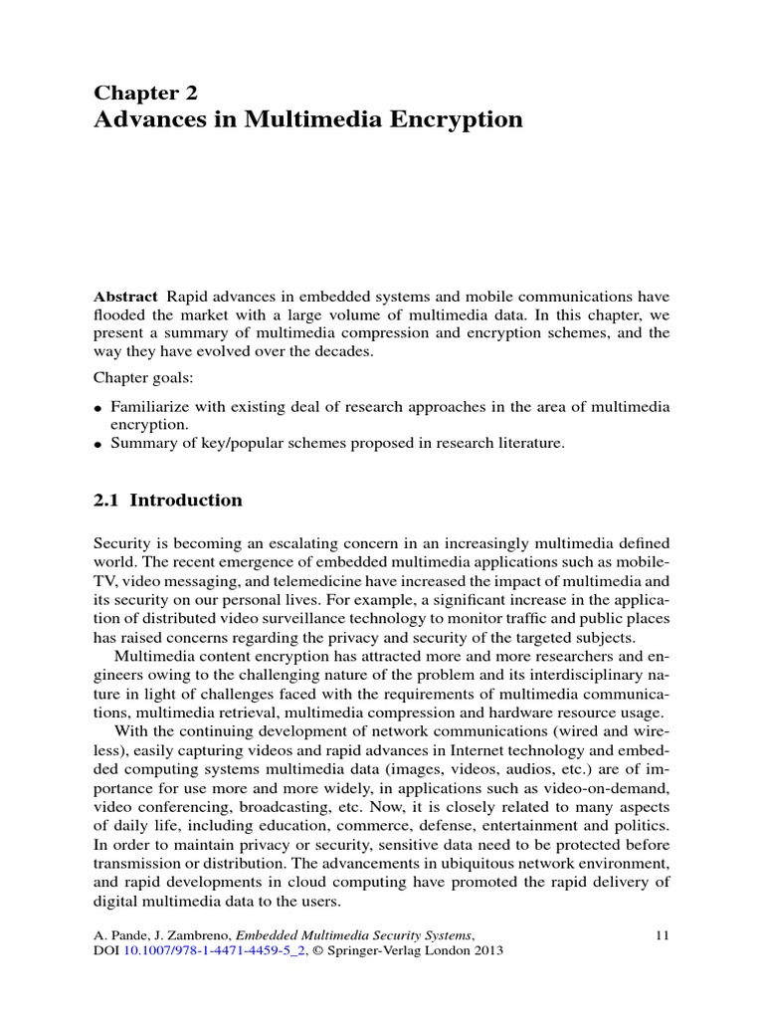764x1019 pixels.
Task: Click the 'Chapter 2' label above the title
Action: click(x=145, y=93)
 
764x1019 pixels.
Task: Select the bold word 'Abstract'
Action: click(x=125, y=297)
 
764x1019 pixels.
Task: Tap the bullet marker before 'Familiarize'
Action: click(x=98, y=408)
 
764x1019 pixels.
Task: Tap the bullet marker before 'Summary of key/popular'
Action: click(x=98, y=445)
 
